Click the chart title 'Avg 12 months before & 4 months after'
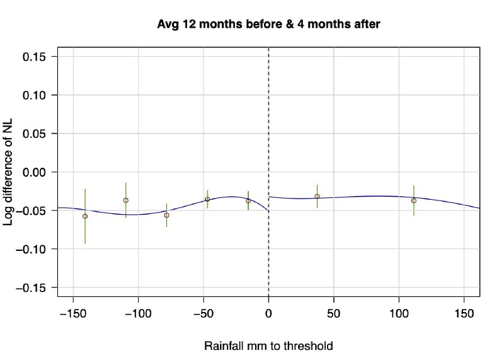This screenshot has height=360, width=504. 269,24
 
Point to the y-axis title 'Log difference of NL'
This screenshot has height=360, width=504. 11,171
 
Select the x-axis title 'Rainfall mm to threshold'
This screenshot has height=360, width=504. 269,346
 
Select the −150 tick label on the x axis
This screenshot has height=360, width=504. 73,313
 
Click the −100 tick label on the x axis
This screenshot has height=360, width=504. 138,313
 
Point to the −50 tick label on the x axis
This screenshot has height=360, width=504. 203,313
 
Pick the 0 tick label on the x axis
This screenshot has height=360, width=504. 269,313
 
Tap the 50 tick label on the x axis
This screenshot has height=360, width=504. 334,313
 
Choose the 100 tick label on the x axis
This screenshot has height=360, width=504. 399,313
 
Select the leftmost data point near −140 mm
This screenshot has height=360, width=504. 85,216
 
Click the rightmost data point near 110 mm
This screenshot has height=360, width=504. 414,200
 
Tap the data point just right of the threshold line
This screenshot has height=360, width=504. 317,196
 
